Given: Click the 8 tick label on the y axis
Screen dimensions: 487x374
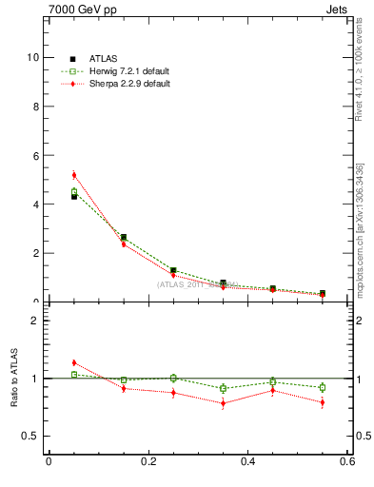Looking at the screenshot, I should tap(34, 107).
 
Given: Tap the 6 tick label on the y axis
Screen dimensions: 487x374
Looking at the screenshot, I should tap(34, 155).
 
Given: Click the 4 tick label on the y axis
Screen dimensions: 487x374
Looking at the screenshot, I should tap(34, 205).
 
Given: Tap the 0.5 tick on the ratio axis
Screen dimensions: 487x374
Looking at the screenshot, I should tap(31, 436).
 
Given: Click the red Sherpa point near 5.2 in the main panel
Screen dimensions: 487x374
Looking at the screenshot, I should tap(73, 174).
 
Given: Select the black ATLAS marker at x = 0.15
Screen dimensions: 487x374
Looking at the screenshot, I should tap(124, 237).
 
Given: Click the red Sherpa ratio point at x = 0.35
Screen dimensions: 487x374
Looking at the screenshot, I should tap(223, 403).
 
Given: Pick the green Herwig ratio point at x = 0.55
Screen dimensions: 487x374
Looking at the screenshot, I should tap(323, 387).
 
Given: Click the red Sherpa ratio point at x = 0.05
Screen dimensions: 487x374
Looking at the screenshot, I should tap(73, 362).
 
